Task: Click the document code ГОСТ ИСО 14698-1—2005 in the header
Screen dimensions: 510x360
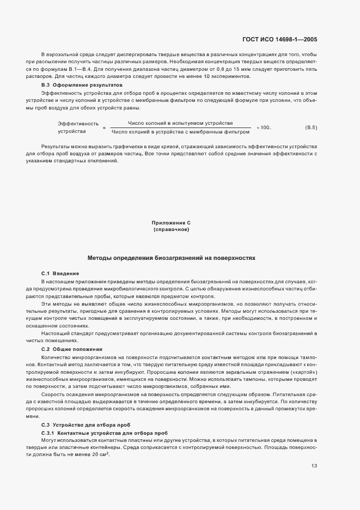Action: tap(279, 39)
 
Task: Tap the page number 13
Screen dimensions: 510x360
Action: tap(314, 466)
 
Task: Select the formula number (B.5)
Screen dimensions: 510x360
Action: tap(311, 127)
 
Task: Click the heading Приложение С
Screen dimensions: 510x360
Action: tap(171, 223)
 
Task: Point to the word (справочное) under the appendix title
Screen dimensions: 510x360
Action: tap(171, 230)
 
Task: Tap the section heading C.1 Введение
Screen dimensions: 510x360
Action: tap(60, 273)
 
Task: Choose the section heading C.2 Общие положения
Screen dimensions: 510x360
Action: tap(72, 349)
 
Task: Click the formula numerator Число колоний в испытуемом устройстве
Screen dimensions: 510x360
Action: tap(180, 123)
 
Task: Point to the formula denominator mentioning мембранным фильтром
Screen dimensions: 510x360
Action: tap(180, 131)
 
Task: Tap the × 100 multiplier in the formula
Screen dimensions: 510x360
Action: tap(264, 127)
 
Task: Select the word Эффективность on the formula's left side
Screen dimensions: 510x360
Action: tap(78, 124)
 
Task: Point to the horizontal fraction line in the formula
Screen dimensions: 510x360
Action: tap(180, 127)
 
